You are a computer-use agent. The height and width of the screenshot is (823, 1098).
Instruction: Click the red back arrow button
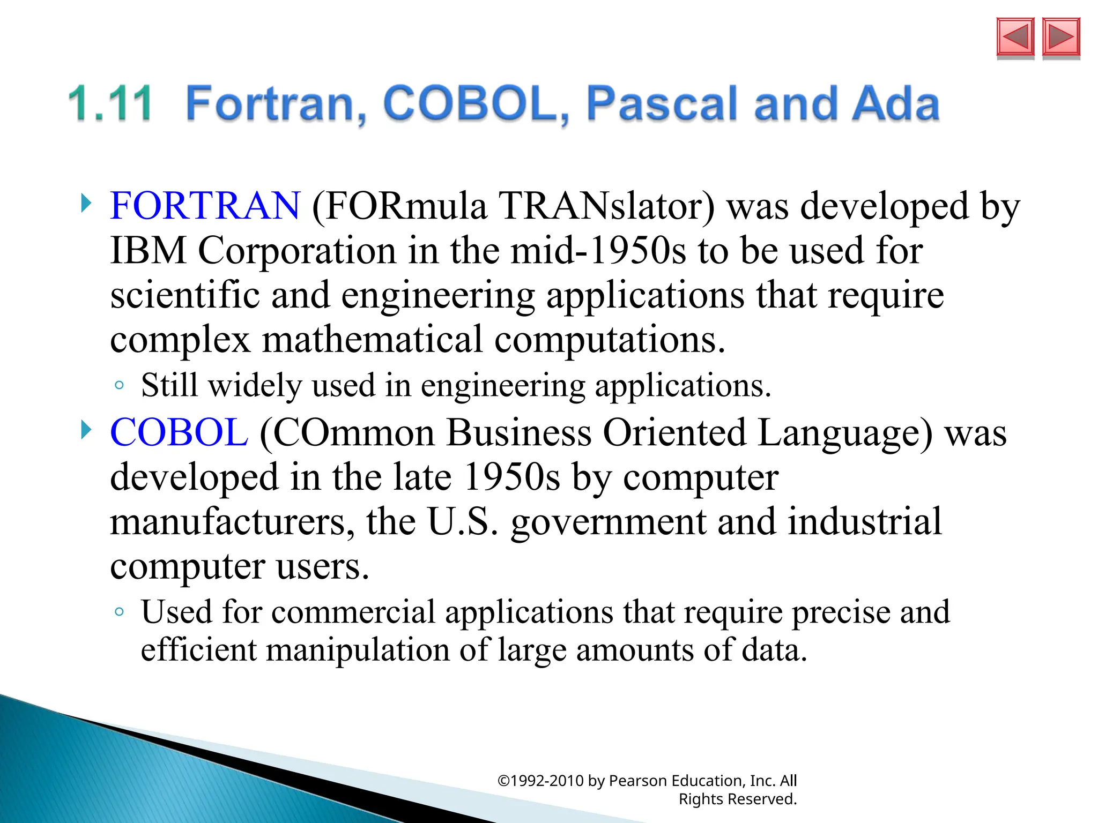pos(1015,37)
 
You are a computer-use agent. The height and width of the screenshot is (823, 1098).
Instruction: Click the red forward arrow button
pos(1061,37)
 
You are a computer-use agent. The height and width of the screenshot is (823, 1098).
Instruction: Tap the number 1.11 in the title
pos(111,103)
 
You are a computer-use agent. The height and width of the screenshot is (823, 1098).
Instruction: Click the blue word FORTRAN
pos(205,206)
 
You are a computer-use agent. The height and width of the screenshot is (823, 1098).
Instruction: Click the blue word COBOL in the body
pos(179,432)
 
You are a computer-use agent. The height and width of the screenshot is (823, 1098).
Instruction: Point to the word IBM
pos(148,251)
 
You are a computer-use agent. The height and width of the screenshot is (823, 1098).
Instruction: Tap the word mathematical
pos(372,340)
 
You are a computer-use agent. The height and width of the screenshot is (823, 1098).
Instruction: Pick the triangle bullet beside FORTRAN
pos(86,204)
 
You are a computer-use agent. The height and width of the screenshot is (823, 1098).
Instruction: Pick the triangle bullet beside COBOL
pos(86,430)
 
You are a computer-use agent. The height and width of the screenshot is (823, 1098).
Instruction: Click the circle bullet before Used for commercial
pos(120,612)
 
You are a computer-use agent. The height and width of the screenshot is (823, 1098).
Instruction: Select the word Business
pos(518,432)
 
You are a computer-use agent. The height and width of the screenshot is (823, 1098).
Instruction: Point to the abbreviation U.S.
pos(463,521)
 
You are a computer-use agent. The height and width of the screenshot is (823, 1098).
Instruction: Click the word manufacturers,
pos(232,521)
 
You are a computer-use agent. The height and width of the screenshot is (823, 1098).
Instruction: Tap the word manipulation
pos(358,650)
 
